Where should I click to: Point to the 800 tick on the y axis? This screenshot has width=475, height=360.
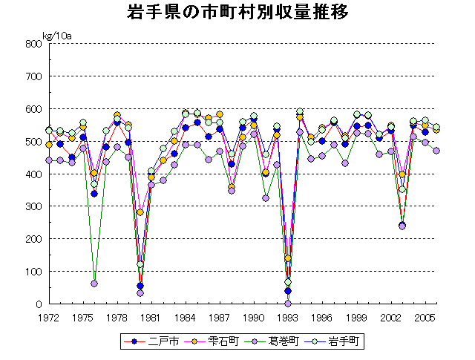coord(33,44)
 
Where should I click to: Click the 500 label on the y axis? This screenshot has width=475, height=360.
coord(33,142)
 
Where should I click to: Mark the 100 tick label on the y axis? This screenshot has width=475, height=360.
coord(33,272)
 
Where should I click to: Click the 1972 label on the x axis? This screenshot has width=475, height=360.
coord(49,317)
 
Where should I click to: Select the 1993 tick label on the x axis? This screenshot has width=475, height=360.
coord(288,317)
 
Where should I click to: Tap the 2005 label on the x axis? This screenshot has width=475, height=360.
coord(425,317)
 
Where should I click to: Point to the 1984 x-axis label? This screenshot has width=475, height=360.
coord(186,317)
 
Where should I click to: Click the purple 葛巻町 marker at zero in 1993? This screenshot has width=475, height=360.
coord(288,304)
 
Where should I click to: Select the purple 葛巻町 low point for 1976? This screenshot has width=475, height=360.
coord(94,284)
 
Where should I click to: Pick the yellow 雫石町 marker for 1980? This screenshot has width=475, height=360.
coord(140,213)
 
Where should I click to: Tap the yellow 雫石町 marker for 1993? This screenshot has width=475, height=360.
coord(288,258)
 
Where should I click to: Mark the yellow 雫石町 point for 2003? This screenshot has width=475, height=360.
coord(402,174)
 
